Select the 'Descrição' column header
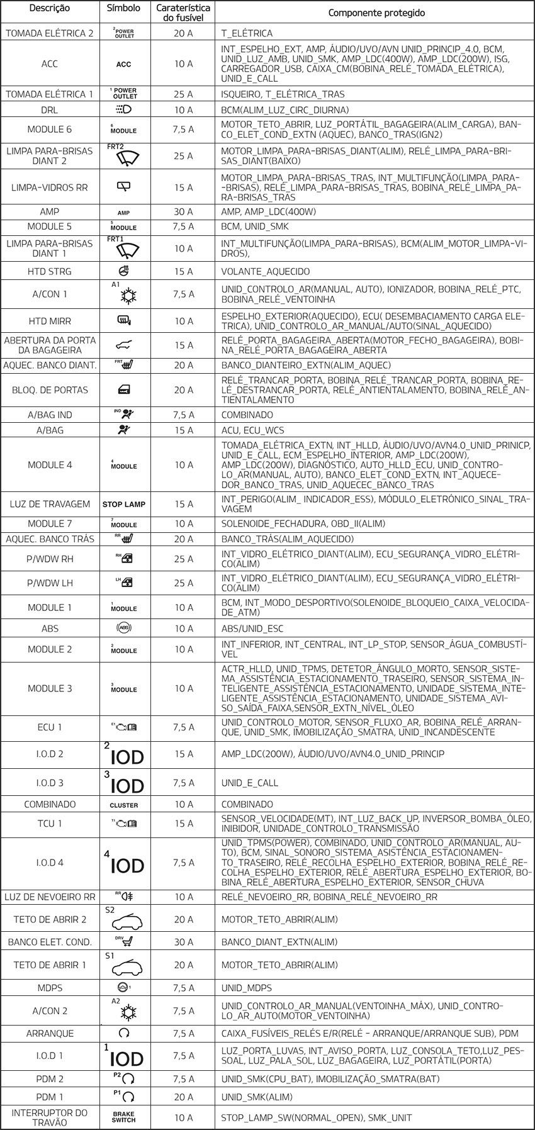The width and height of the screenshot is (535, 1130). [49, 9]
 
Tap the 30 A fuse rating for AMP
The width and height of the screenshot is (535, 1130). [183, 212]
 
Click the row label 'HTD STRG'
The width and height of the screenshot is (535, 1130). [50, 272]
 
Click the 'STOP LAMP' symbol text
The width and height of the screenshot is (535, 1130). [123, 504]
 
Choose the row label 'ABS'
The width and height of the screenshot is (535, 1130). [50, 628]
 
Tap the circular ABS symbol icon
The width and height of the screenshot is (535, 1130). [123, 628]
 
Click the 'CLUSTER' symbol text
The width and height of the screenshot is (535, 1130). [123, 805]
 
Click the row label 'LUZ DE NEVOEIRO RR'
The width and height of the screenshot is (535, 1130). [50, 897]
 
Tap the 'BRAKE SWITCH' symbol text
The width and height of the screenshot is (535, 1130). [123, 1117]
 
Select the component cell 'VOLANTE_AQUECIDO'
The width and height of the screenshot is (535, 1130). [266, 272]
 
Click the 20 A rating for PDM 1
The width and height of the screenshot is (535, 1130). [183, 1097]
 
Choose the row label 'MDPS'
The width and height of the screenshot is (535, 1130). [50, 988]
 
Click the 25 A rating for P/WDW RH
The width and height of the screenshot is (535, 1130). [183, 559]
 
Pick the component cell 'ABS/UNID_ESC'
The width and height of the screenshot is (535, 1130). [252, 628]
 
